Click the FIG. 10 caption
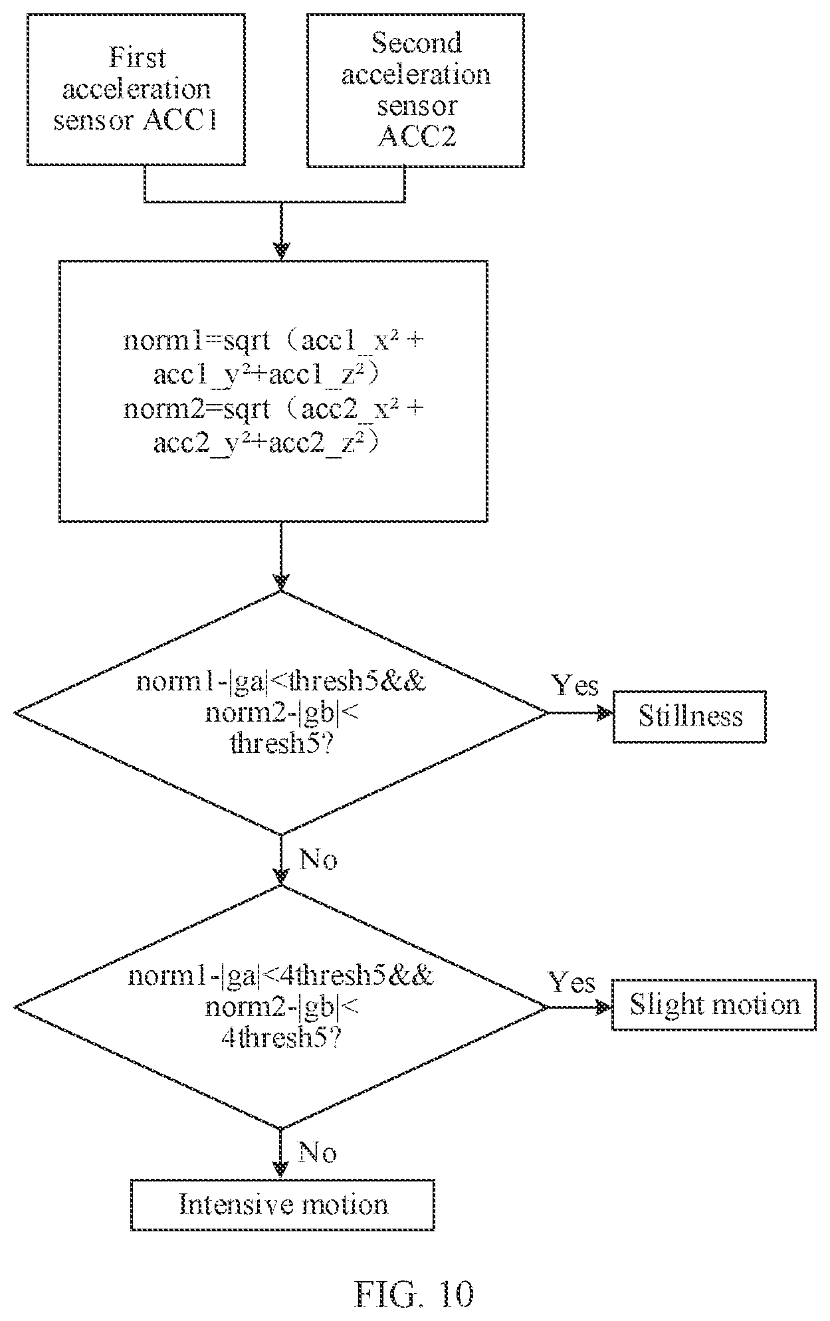415,1293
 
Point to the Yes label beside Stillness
575,685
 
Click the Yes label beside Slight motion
571,981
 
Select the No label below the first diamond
318,860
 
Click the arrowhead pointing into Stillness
605,714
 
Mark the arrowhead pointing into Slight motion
603,1007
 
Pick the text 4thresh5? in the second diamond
281,1038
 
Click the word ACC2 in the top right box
415,138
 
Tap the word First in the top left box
137,58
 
